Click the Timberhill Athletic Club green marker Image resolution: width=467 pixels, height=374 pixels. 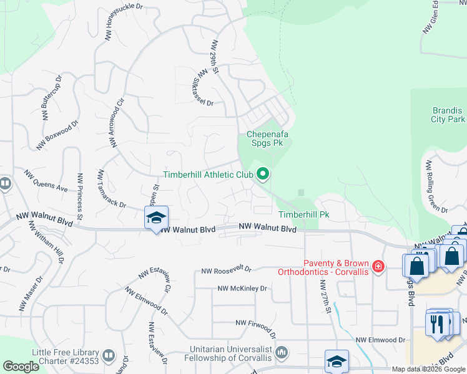[263, 175]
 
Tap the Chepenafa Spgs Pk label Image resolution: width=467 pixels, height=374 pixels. [270, 138]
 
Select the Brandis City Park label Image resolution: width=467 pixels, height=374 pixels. [448, 115]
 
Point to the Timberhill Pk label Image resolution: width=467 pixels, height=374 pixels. [304, 214]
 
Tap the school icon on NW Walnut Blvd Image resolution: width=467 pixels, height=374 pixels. [156, 218]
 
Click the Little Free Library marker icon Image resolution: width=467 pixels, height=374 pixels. [109, 356]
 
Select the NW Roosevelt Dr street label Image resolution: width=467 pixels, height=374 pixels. [225, 270]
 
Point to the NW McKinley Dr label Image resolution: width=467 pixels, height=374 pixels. [242, 289]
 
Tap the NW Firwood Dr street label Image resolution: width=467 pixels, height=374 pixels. [261, 323]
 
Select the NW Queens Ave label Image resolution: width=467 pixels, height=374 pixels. [46, 180]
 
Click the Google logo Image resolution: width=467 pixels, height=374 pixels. [21, 367]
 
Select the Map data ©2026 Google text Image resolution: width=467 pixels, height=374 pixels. [428, 369]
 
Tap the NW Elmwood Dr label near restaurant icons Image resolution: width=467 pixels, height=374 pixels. [381, 340]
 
